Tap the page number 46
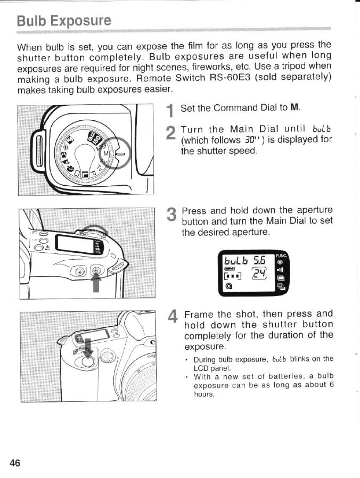coord(14,463)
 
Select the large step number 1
coord(169,111)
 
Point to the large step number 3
coord(170,216)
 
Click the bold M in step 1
coord(293,108)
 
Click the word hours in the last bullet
coord(203,394)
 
